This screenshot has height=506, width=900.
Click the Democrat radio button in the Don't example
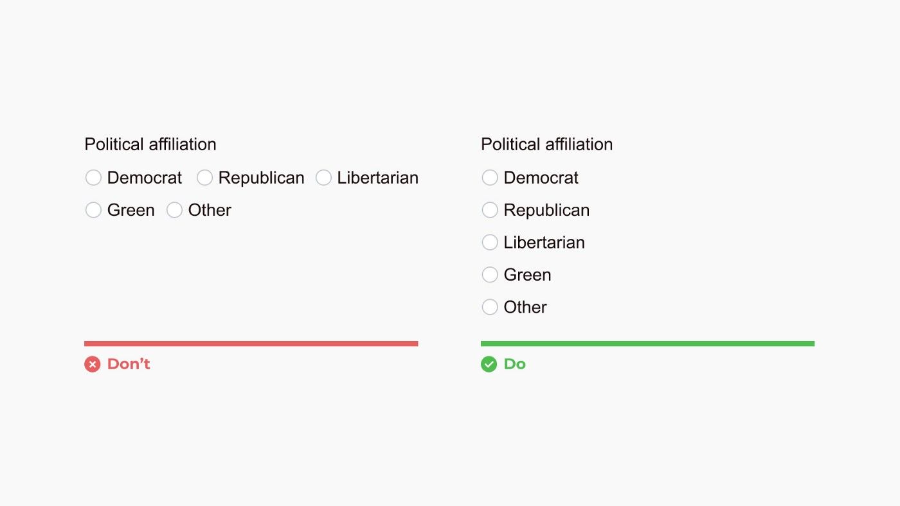93,177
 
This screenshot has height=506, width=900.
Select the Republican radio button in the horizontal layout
204,177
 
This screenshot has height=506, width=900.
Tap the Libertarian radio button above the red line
323,177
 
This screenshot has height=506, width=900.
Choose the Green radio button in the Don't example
93,210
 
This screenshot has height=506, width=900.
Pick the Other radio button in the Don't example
174,210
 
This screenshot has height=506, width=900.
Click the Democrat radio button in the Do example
490,177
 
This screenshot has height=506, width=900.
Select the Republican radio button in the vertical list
490,210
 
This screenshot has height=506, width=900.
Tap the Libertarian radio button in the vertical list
490,242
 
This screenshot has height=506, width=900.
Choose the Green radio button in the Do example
490,275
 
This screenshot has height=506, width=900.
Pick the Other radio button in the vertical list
490,307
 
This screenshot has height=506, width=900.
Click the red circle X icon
93,364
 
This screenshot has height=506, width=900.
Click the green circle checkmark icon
489,364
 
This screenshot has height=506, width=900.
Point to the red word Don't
129,364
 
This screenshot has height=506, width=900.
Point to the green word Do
515,364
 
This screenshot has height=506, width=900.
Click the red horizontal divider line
251,344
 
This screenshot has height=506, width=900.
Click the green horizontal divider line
648,344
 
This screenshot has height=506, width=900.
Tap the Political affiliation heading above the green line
547,144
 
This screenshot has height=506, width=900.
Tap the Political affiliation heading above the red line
150,144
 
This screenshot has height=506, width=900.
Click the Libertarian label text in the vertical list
544,242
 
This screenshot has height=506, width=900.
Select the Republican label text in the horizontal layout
261,178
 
